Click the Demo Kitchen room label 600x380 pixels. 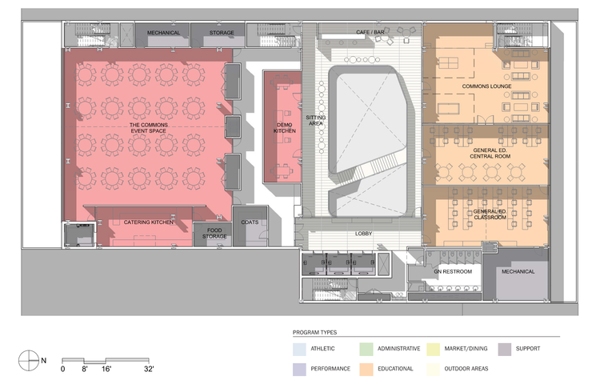click(284, 128)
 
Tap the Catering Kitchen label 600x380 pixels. click(149, 222)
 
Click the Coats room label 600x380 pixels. click(250, 222)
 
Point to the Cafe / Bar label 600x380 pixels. click(370, 32)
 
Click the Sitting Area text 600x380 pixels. click(316, 120)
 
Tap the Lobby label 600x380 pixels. click(363, 234)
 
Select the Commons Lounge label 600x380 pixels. click(486, 86)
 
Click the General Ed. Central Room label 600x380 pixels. click(490, 153)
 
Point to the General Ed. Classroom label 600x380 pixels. click(490, 214)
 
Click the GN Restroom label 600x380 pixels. click(453, 271)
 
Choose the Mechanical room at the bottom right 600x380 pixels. click(516, 274)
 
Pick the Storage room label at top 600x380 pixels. click(222, 33)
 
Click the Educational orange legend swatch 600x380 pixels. click(366, 370)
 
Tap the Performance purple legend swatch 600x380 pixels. click(299, 370)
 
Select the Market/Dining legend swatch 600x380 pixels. click(433, 350)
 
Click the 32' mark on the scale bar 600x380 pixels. click(149, 369)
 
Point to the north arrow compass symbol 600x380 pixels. click(29, 361)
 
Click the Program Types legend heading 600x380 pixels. click(314, 332)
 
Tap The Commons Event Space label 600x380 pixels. click(149, 128)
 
